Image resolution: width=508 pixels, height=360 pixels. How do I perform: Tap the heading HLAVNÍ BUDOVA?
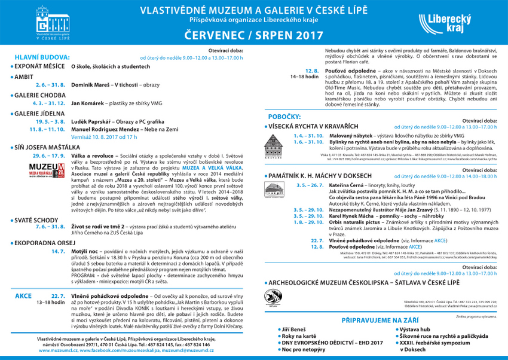tap(42, 57)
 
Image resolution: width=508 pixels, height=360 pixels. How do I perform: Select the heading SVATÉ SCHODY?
tap(38, 219)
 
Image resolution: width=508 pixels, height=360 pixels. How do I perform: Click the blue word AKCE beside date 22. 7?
tap(23, 295)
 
